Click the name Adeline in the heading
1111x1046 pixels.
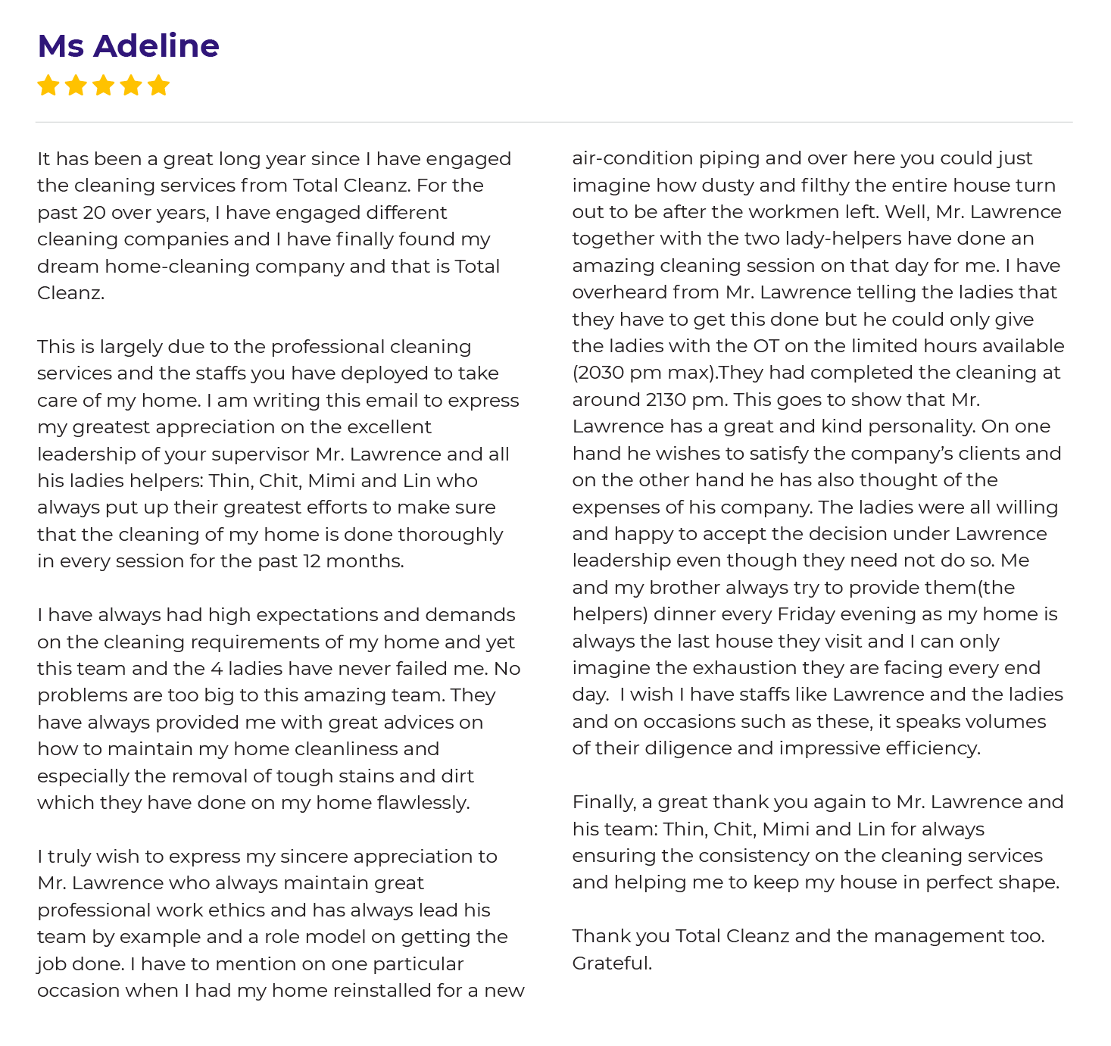[x=156, y=46]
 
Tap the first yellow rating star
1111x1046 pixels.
[x=48, y=86]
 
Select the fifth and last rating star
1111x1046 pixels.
[x=158, y=86]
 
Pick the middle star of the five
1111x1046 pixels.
[x=103, y=86]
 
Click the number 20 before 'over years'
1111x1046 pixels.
[x=94, y=213]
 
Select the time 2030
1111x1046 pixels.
[x=599, y=373]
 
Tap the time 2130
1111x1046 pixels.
[x=667, y=400]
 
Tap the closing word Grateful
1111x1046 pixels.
[x=612, y=963]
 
